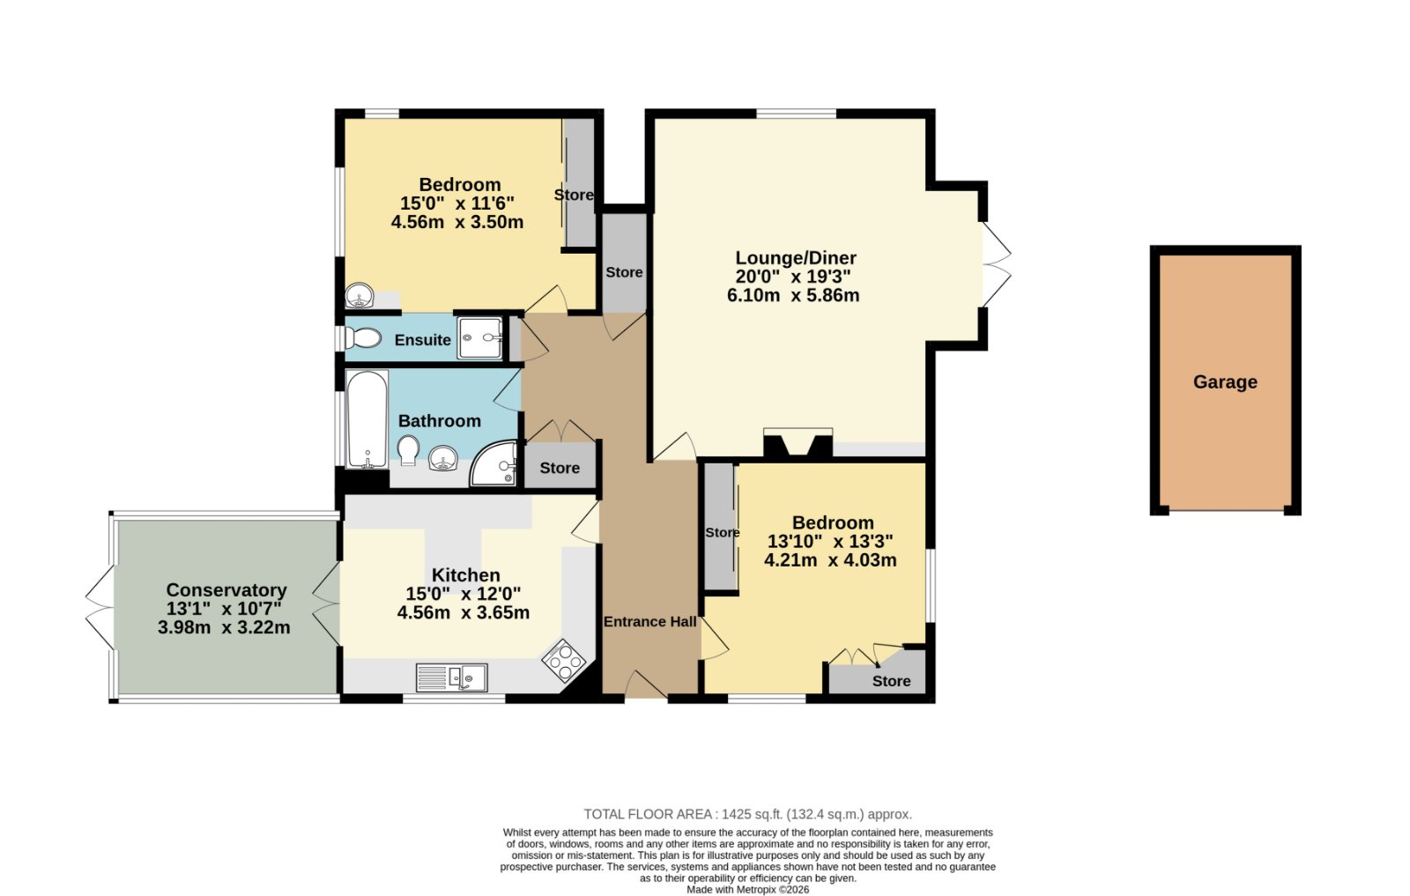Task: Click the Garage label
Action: [1225, 382]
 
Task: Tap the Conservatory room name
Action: [226, 590]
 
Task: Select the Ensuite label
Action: [422, 340]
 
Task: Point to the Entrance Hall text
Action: [649, 622]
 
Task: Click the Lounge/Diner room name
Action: [796, 258]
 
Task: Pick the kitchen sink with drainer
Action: [451, 678]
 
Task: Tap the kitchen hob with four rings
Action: [564, 660]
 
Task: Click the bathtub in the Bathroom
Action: [367, 419]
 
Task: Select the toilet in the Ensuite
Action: [363, 338]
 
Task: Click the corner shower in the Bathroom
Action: [494, 464]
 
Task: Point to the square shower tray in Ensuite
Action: [479, 338]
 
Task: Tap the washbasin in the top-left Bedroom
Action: [360, 295]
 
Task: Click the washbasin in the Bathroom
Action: [443, 458]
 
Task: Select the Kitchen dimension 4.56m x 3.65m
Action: [464, 613]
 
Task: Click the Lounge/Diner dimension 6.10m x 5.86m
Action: [793, 295]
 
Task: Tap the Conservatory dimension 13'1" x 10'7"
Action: [224, 609]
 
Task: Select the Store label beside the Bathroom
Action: [560, 468]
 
